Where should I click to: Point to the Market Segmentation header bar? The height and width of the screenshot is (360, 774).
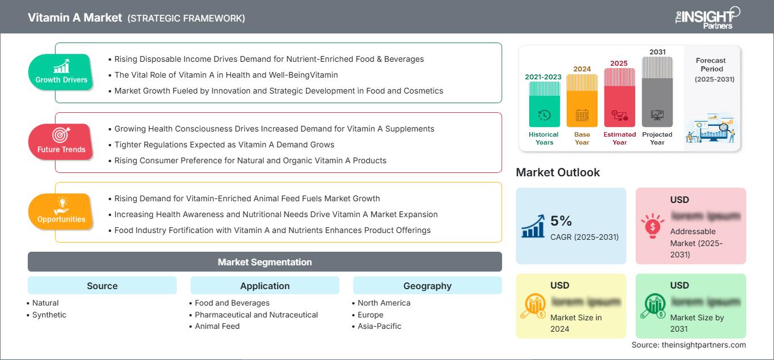pos(265,262)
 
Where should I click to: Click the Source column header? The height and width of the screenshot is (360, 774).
pos(102,286)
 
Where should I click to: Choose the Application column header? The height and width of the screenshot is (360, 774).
pos(265,286)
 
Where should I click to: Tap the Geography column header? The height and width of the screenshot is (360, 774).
pos(427,286)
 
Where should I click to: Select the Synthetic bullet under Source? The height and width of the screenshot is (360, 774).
pos(49,315)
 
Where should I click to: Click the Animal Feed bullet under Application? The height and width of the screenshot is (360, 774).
pos(217,326)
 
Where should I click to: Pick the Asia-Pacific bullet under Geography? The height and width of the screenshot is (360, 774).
pos(380,326)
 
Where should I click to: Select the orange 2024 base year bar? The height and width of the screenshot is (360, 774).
pos(582,100)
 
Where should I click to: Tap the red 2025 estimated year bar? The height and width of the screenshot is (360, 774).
pos(619,97)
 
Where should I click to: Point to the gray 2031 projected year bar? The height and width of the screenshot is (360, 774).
pos(657,91)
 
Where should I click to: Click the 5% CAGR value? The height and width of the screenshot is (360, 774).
pos(562,221)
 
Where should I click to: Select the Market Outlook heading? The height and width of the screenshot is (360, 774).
pos(558,172)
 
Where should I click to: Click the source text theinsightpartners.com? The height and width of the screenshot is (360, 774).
pos(689,345)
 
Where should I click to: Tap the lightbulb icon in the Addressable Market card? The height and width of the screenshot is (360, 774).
pos(652,225)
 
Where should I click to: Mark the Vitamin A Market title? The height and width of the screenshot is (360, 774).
pos(75,18)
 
